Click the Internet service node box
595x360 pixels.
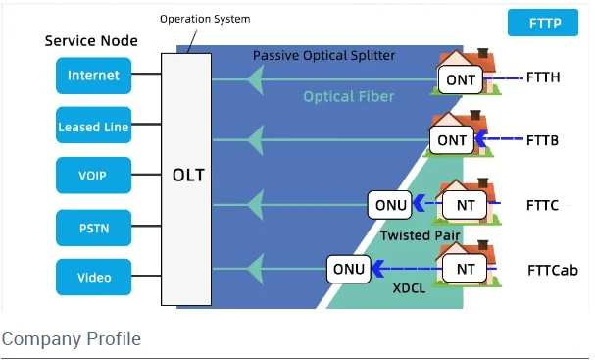coord(93,76)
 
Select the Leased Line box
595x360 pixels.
coord(93,127)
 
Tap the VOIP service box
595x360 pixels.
coord(93,177)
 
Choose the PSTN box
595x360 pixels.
coord(93,228)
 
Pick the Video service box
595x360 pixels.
coord(93,278)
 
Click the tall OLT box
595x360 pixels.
coord(186,178)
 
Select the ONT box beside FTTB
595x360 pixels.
coord(452,140)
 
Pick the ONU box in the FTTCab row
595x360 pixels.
coord(348,268)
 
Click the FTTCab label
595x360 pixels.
coord(553,270)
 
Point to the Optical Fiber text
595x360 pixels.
coord(348,96)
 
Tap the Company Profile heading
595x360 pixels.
coord(71,339)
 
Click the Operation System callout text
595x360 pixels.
coord(205,19)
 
